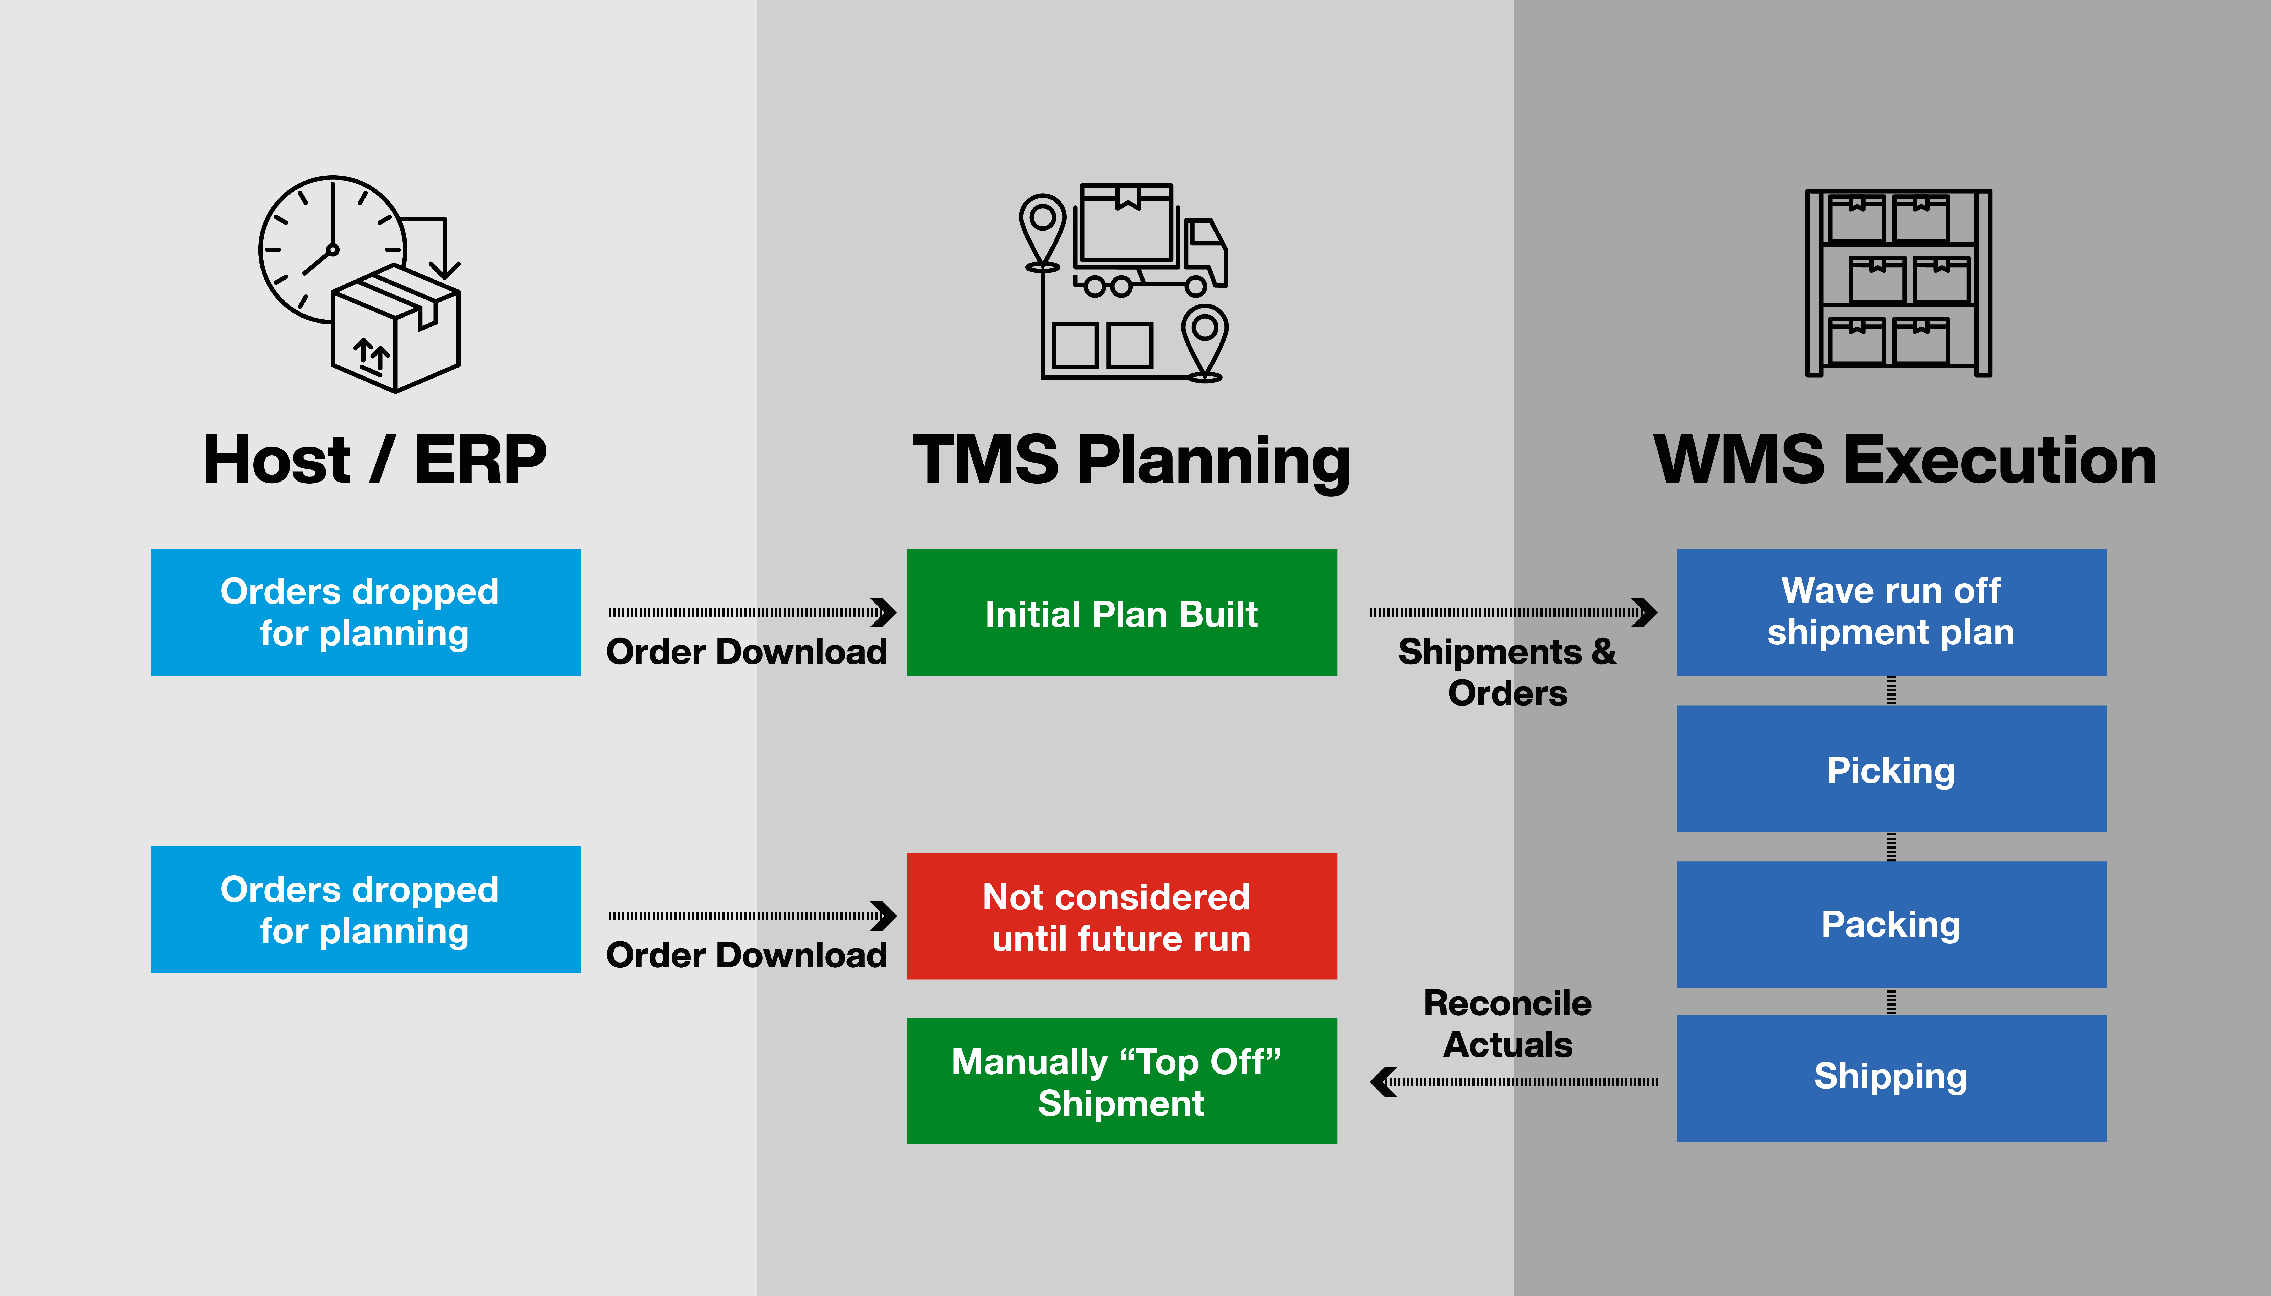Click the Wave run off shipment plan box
[x=1891, y=613]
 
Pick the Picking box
[x=1891, y=769]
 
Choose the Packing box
[x=1891, y=924]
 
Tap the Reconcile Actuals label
[x=1507, y=1024]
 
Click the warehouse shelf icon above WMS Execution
[x=1898, y=283]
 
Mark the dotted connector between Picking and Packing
[x=1891, y=846]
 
